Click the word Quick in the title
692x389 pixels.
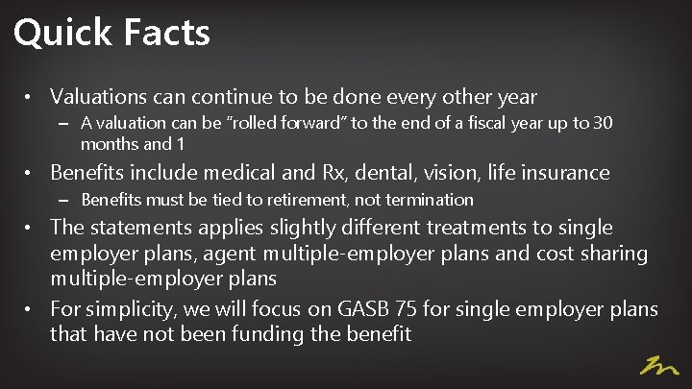coord(62,34)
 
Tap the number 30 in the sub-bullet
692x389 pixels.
coord(602,123)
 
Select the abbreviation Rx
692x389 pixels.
coord(360,173)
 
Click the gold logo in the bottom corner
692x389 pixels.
coord(660,366)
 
